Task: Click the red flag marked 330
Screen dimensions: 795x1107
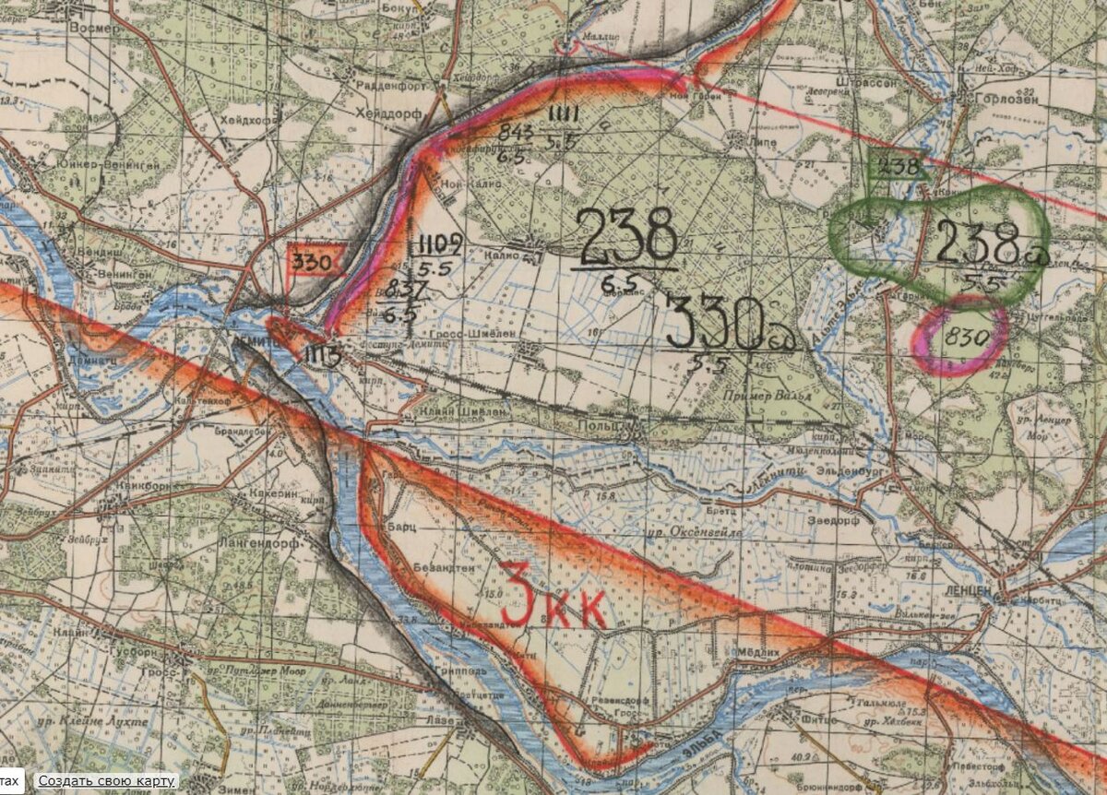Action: pyautogui.click(x=314, y=260)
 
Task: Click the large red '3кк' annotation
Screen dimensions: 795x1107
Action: pyautogui.click(x=552, y=606)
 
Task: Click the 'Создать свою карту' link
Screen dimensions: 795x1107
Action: pyautogui.click(x=106, y=781)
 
